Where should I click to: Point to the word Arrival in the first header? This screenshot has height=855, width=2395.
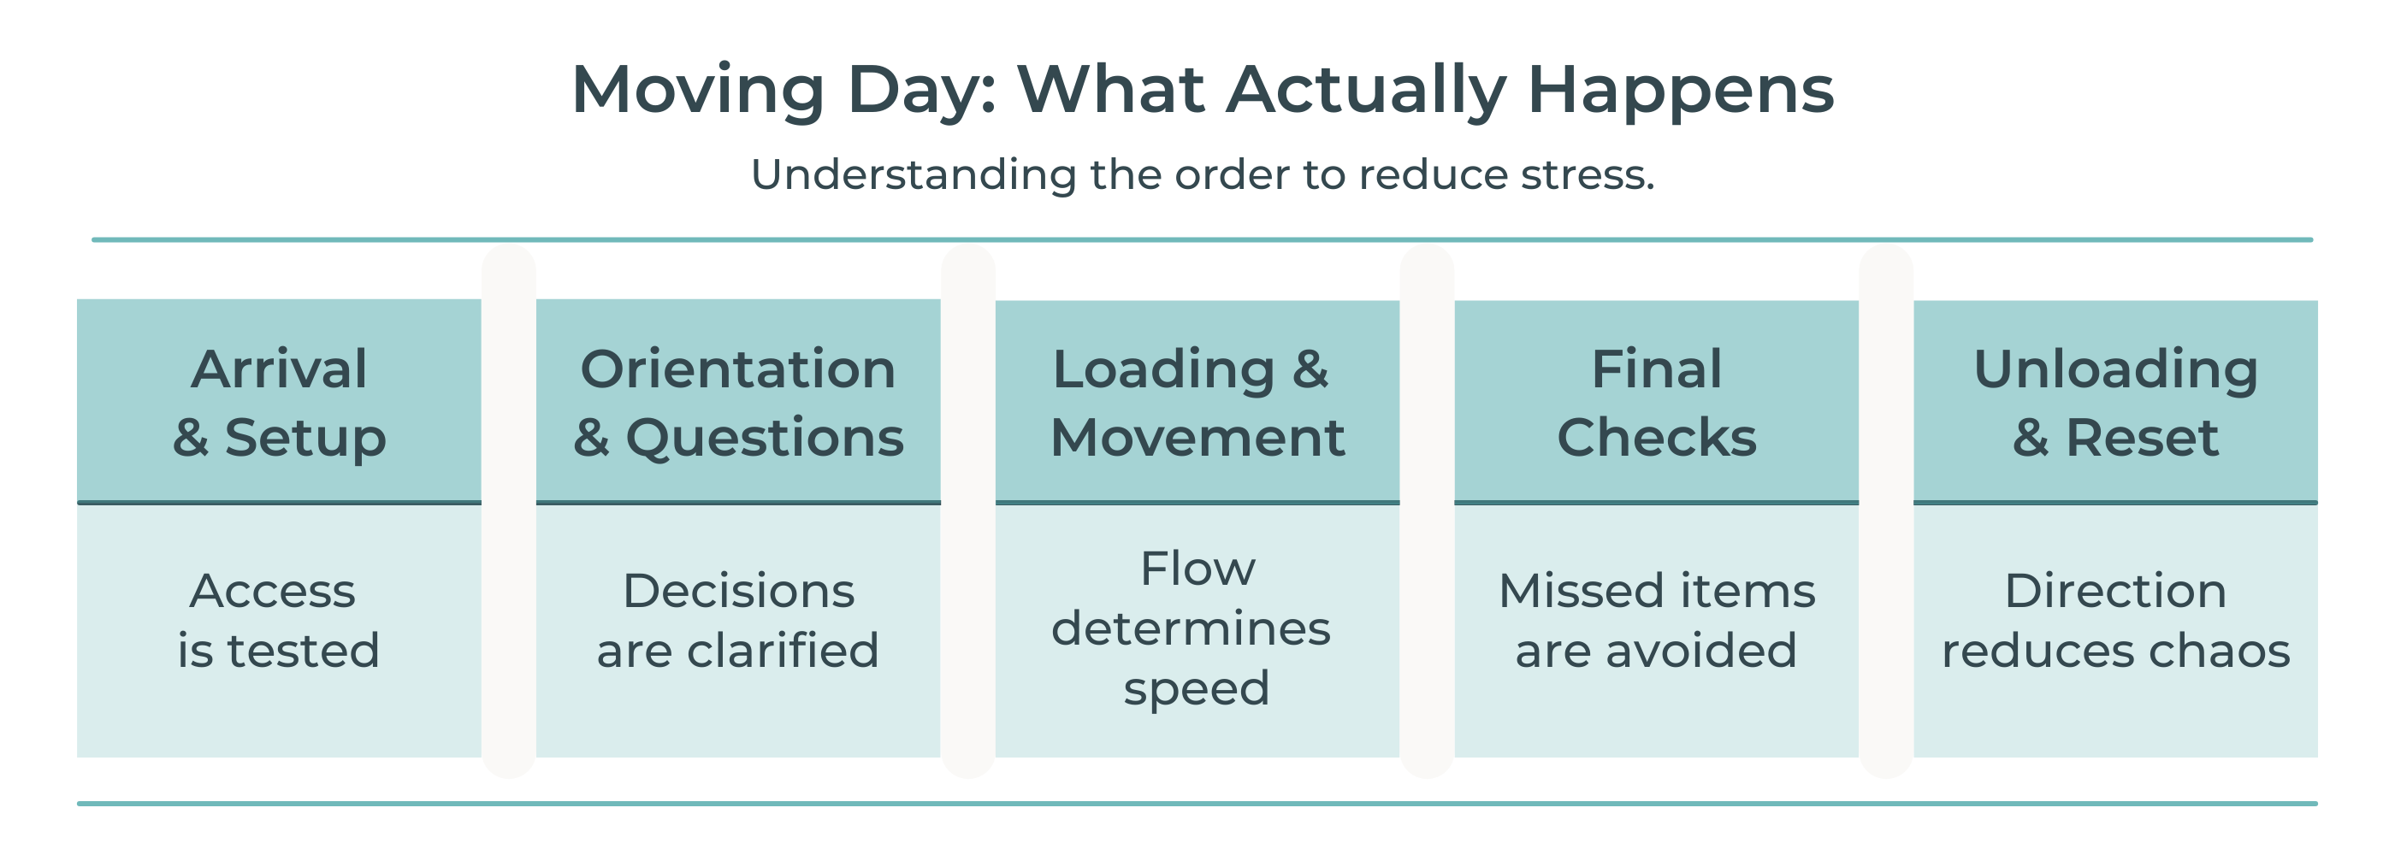pos(279,369)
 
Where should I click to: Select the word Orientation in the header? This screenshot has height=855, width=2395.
pos(738,369)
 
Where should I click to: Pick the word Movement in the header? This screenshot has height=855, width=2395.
pos(1197,438)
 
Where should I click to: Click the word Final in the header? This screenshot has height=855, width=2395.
pos(1657,369)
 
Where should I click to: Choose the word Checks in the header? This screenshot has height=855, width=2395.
pos(1657,438)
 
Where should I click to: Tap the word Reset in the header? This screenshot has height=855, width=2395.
pos(2141,438)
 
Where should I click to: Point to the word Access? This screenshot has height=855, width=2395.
pos(272,591)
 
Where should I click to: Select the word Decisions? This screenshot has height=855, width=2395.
pos(738,591)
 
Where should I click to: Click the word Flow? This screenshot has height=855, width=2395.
pos(1197,569)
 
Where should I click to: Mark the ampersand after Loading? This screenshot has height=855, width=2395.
pos(1311,370)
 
